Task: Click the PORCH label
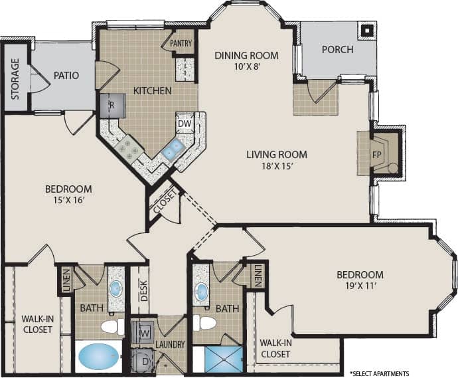(337, 50)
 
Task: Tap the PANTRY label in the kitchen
(181, 44)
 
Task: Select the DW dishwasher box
(184, 123)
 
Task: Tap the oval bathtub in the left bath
(98, 357)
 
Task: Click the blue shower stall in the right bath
(224, 359)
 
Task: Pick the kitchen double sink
(173, 149)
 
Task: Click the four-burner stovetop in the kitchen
(128, 150)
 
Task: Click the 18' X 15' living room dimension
(277, 167)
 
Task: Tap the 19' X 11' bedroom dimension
(359, 287)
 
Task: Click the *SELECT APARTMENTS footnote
(379, 373)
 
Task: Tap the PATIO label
(66, 75)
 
